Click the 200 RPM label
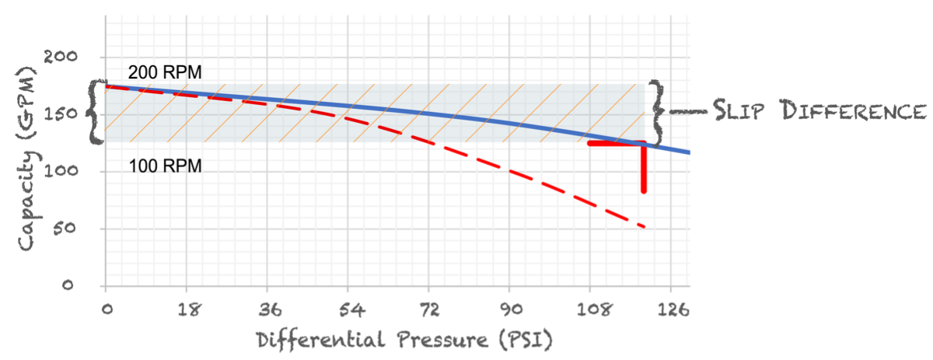(x=165, y=73)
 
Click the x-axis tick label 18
(x=186, y=309)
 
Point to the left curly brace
(x=96, y=112)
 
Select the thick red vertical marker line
(x=644, y=168)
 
